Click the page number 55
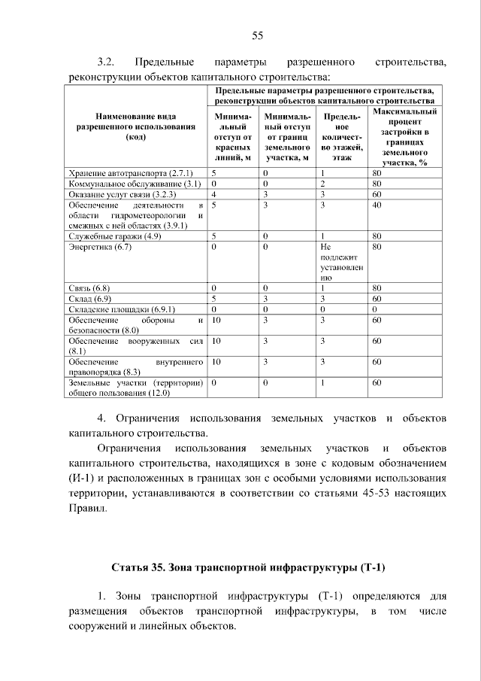click(256, 36)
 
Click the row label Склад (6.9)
click(89, 299)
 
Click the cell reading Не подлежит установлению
click(341, 262)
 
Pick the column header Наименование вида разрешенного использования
click(135, 127)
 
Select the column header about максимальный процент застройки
click(405, 136)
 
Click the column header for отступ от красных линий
click(232, 137)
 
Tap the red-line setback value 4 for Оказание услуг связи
click(214, 193)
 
